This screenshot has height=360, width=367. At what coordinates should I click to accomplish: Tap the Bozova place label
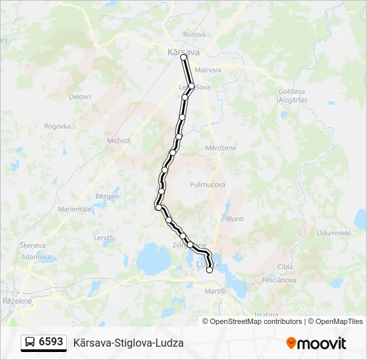194,34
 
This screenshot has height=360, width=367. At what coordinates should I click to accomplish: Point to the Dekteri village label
80,97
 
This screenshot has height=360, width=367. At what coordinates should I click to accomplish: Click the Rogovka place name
57,126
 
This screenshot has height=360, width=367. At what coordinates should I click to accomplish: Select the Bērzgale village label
107,196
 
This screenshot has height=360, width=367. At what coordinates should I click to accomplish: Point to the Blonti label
235,219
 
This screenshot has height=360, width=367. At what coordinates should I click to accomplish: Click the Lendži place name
104,238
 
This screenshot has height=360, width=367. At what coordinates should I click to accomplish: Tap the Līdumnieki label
334,233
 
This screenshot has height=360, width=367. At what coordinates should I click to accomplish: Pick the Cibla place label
285,267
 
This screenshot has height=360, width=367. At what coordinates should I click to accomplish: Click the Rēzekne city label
17,301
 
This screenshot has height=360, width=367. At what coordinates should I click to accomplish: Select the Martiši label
216,291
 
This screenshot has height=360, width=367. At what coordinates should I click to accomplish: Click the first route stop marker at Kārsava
183,58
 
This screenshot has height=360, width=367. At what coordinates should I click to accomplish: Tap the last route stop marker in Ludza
210,270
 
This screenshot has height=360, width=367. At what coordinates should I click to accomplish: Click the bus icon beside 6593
30,343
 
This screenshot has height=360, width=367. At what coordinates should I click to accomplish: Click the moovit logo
316,343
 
